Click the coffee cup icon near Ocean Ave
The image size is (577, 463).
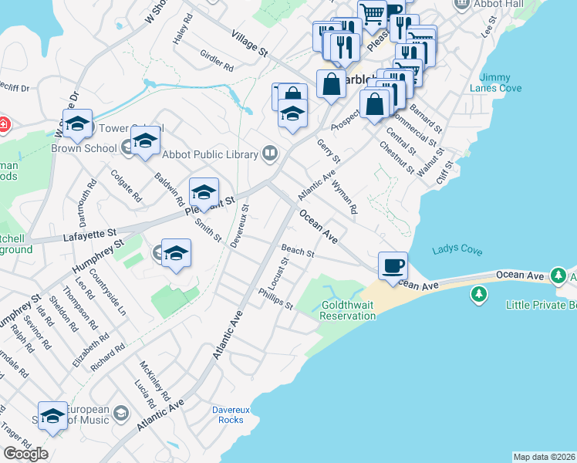point(393,265)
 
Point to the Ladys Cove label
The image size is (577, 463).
point(457,251)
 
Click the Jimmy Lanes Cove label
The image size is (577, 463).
point(500,83)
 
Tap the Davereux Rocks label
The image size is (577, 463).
point(228,414)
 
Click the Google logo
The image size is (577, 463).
point(25,454)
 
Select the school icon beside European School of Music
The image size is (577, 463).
point(120,414)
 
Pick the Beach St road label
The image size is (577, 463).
point(298,252)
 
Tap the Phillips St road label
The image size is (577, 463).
point(275,299)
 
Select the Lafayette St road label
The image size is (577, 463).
point(89,231)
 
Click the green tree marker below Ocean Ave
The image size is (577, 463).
point(478,294)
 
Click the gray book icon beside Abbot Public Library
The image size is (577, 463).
point(269,154)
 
